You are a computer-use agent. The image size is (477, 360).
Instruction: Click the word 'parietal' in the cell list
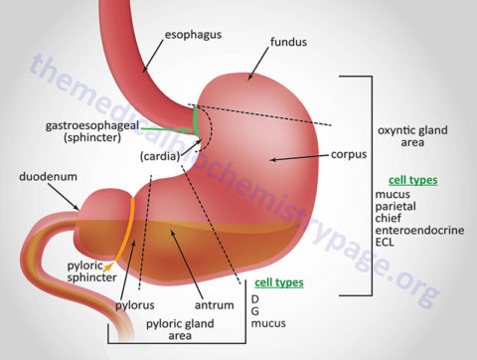click(x=397, y=206)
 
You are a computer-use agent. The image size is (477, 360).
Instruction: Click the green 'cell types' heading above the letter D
click(x=278, y=282)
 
